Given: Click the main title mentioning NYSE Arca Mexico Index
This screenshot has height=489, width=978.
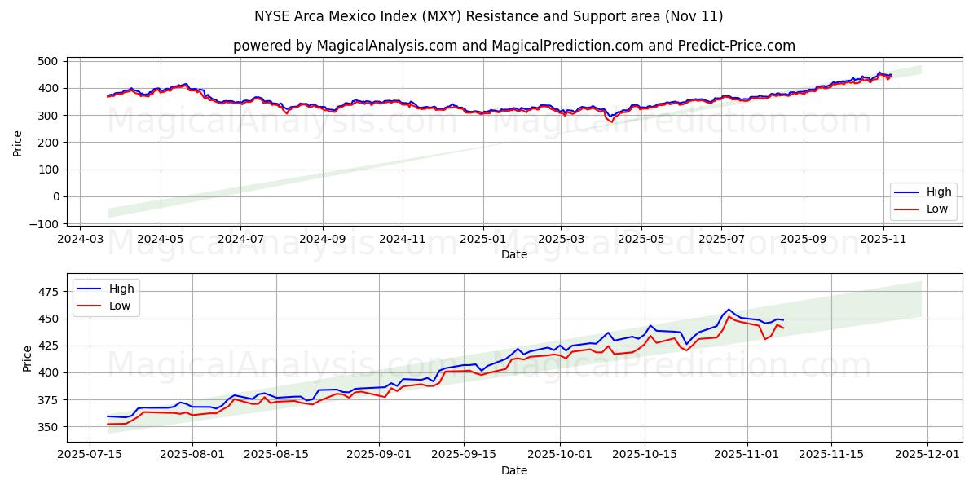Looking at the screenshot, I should click(489, 16).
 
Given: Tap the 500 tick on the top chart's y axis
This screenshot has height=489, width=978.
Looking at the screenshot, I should click(48, 61).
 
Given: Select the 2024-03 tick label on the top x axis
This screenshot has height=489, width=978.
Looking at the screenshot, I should click(79, 240).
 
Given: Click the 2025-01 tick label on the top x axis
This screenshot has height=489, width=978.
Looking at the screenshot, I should click(483, 240).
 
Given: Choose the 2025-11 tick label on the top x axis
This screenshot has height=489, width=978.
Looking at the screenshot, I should click(883, 240).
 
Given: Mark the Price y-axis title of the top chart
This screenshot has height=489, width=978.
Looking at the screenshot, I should click(18, 143).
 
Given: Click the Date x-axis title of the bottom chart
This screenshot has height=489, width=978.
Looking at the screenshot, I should click(513, 471).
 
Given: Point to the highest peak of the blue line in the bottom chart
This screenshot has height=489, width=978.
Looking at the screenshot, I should click(729, 310).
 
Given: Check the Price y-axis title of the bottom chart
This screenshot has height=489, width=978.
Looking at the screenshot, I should click(28, 359).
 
